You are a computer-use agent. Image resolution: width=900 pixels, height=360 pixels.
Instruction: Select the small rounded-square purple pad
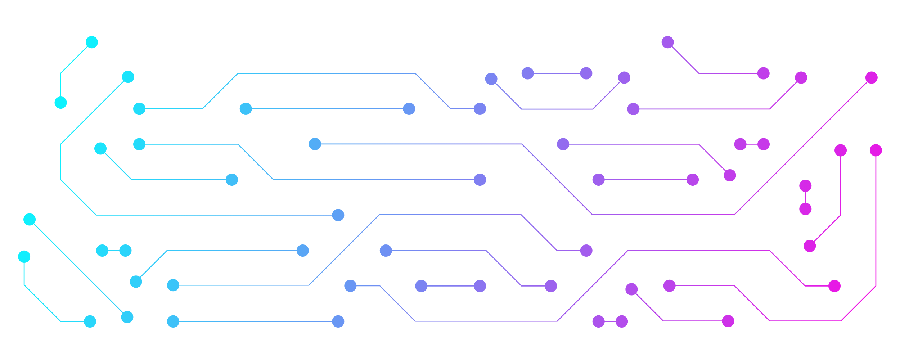click(415, 108)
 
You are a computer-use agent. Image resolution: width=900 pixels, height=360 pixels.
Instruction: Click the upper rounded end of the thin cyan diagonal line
click(28, 218)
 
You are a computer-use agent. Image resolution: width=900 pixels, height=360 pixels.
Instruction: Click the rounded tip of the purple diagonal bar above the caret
click(490, 78)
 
